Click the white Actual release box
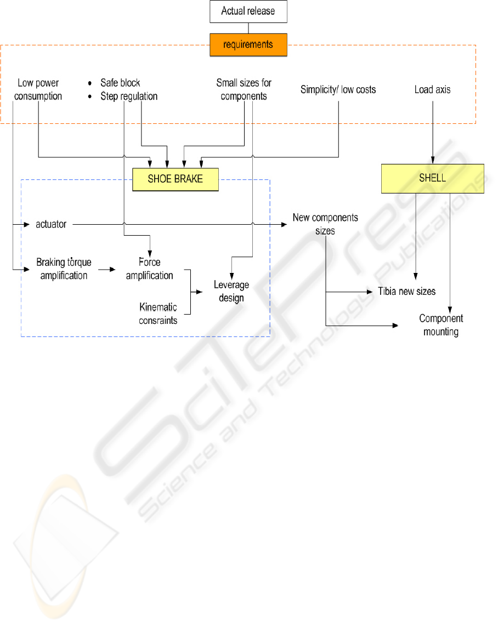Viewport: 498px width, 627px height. click(248, 12)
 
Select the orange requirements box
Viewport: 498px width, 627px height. click(248, 45)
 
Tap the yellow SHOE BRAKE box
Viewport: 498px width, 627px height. click(176, 179)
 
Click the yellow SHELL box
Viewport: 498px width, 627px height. click(433, 179)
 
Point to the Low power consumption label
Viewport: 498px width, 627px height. click(38, 89)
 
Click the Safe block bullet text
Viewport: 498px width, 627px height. click(120, 83)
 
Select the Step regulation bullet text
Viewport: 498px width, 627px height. click(129, 96)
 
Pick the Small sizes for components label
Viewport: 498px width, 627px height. click(244, 89)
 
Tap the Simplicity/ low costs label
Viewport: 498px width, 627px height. click(338, 89)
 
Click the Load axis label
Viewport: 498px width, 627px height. click(433, 89)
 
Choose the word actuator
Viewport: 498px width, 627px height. click(51, 224)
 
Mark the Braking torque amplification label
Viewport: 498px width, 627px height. click(63, 269)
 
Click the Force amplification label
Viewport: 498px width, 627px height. click(150, 269)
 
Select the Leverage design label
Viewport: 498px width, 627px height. click(231, 291)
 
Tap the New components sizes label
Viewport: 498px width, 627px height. click(325, 224)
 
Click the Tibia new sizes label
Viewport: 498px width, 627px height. click(407, 291)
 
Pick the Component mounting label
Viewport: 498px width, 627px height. click(441, 324)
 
